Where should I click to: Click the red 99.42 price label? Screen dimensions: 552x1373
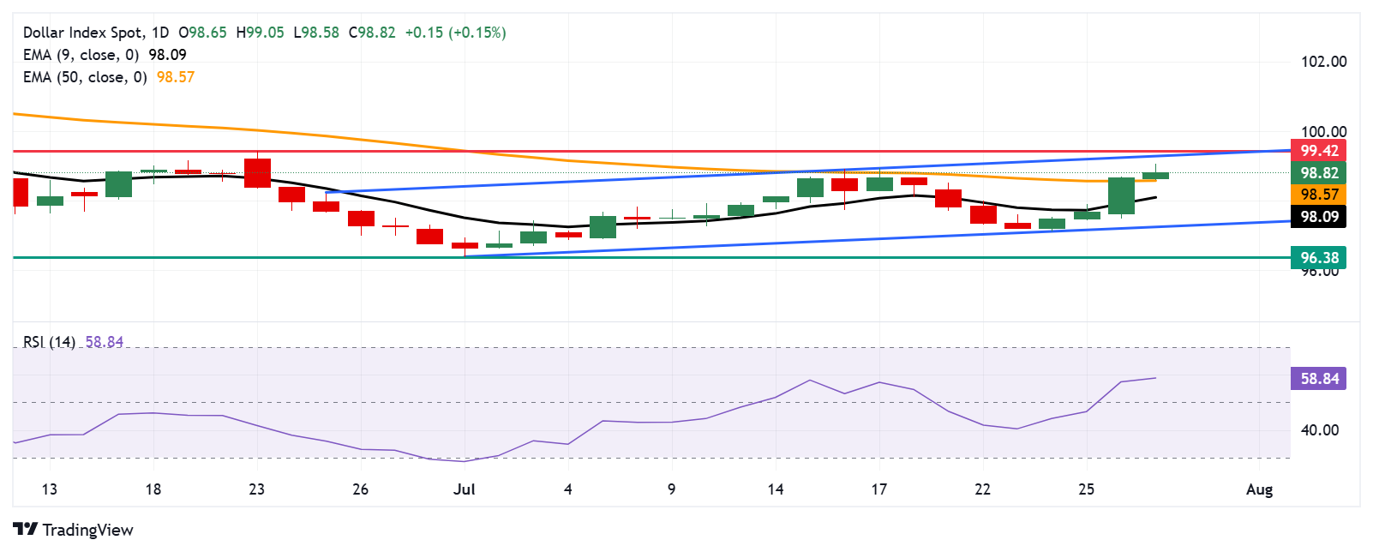(1318, 151)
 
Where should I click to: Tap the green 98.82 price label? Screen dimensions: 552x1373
(1318, 173)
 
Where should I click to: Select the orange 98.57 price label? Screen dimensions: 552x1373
(1318, 195)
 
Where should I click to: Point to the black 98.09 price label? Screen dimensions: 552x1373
(1318, 216)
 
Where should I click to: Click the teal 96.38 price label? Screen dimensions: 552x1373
(1318, 257)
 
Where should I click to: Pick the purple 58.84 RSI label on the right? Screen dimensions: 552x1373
(1318, 379)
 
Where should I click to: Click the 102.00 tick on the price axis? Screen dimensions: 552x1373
(1323, 62)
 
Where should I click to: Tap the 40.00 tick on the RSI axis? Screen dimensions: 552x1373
(1320, 430)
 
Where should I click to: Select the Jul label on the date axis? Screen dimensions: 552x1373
(464, 489)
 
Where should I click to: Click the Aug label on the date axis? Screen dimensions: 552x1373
(1259, 489)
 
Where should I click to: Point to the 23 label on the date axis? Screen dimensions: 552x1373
(256, 489)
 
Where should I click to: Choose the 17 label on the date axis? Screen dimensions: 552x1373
(878, 489)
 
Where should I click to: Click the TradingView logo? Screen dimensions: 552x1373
(74, 530)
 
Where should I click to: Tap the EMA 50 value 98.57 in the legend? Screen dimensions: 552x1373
(176, 77)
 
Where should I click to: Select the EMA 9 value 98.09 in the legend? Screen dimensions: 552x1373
(167, 55)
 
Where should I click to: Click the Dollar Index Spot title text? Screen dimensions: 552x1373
(83, 33)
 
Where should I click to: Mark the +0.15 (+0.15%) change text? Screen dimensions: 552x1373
(455, 33)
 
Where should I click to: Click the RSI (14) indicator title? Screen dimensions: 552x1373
(49, 342)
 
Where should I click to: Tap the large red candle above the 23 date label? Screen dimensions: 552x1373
(257, 173)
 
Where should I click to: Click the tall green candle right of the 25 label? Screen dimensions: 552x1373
(1121, 196)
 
